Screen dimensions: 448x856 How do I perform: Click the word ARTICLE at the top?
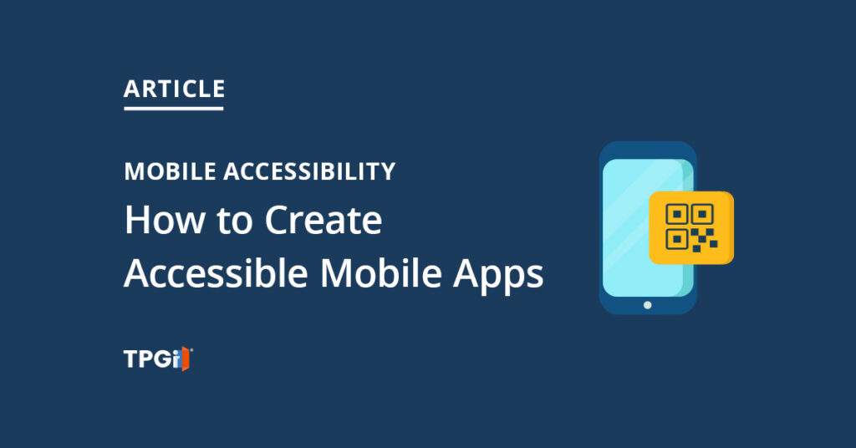(x=174, y=89)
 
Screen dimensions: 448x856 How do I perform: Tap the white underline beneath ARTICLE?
(x=174, y=107)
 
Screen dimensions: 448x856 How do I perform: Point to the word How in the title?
(x=156, y=221)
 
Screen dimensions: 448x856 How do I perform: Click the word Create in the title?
(x=323, y=221)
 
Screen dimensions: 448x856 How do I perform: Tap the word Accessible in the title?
(x=215, y=273)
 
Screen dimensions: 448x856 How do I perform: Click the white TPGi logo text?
(x=152, y=359)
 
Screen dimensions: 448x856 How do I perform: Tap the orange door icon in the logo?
(x=188, y=359)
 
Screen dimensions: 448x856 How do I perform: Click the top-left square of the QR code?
(x=676, y=215)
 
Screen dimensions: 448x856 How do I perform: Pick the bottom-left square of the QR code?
(x=676, y=240)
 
